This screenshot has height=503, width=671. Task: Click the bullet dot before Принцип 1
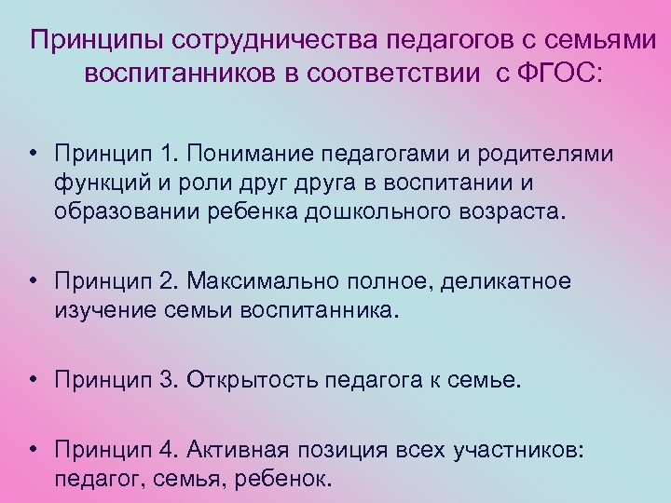(x=33, y=153)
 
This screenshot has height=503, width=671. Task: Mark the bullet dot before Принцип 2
(x=33, y=281)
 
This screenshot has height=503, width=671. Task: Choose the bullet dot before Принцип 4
(x=33, y=449)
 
